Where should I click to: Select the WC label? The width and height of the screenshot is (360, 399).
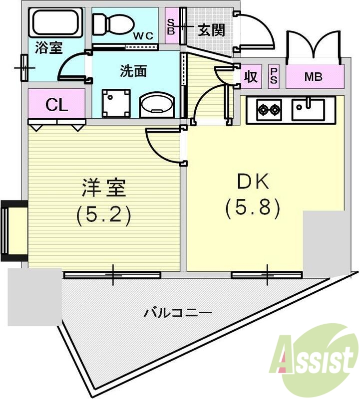coord(144,36)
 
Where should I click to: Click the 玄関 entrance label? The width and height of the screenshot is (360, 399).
coord(211,30)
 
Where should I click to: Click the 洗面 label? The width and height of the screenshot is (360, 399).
coord(133,71)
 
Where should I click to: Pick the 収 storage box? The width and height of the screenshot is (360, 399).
coord(251,77)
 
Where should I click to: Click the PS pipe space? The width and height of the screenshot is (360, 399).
coord(274,77)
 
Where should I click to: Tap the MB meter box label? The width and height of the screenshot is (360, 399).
coord(314,77)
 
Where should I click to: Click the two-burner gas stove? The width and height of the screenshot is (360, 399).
coord(269,109)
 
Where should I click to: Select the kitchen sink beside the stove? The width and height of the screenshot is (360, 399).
coord(308,109)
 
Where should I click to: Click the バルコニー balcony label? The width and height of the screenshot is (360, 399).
coord(178,313)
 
